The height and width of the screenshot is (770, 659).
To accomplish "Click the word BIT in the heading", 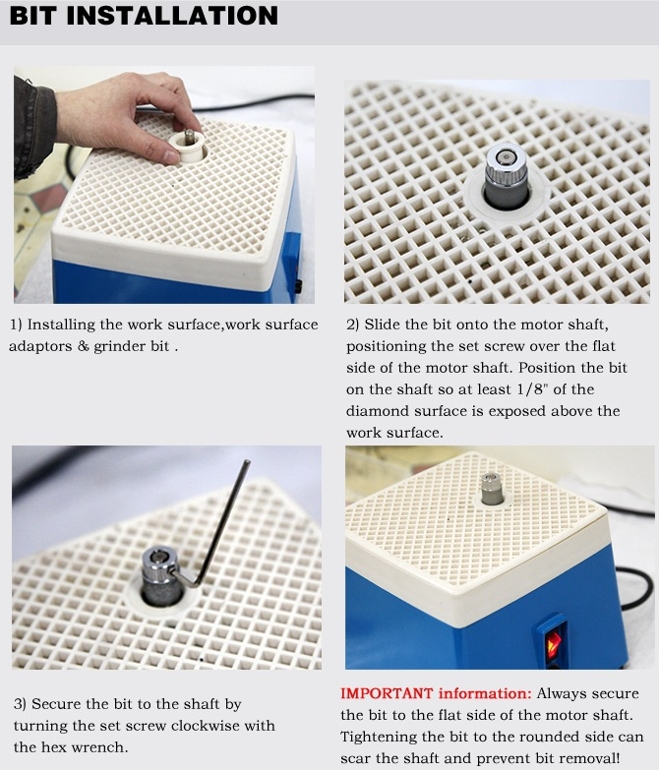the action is (x=33, y=15).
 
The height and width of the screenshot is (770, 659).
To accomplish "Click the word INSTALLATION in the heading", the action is (x=172, y=15).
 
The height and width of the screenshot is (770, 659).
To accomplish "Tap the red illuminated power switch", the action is (x=554, y=642).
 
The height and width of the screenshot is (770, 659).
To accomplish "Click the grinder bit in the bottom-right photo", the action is (x=492, y=489).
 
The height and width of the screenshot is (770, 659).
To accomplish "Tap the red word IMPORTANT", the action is (x=387, y=693).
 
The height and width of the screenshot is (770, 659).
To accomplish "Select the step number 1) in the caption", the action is (x=16, y=325).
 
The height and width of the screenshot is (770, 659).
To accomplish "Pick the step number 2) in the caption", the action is (x=353, y=325).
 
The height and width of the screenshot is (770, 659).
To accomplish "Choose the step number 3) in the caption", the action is (x=20, y=704).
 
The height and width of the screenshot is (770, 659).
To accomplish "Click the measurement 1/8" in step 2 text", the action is (x=532, y=389).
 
